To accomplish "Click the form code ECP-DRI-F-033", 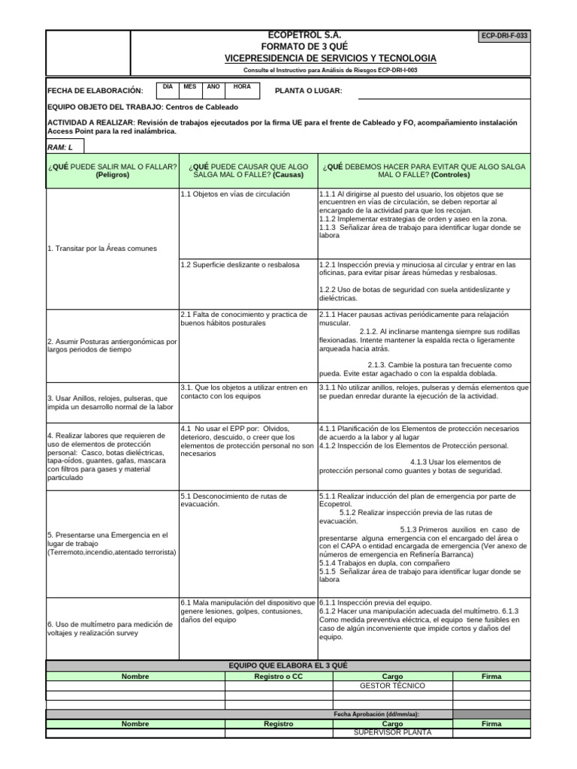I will pos(503,36).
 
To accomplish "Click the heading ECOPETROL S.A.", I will pos(299,36).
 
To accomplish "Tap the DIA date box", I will pos(168,87).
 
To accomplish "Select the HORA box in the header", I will pos(242,87).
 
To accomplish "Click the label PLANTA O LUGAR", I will pos(309,91).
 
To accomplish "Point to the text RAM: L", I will pos(60,146).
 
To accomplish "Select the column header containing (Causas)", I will pos(248,170).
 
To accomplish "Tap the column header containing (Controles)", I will pos(424,170).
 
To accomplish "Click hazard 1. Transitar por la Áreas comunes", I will pos(102,248).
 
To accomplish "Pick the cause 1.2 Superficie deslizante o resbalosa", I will pos(230,264).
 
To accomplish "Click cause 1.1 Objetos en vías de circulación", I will pos(225,194).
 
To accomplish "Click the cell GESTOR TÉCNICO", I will pos(392,686).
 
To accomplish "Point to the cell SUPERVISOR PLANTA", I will pos(392,732).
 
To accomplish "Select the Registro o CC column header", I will pos(278,676).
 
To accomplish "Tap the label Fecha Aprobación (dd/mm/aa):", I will pos(376,713).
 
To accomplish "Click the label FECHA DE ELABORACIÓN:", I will pos(95,91).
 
